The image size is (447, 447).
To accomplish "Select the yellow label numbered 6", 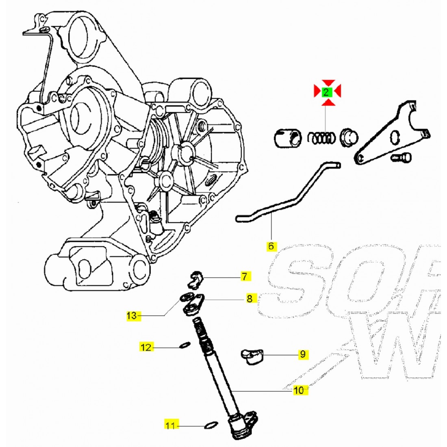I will (x=271, y=246).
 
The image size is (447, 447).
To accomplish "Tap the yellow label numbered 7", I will (x=244, y=277).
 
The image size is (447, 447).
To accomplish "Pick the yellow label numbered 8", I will (x=249, y=299).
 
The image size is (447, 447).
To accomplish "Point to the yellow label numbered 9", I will (x=302, y=354).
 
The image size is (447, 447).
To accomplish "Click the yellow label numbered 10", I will (x=299, y=391).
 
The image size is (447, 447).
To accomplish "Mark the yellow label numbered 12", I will (x=146, y=347).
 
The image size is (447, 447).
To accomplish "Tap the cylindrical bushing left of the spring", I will (x=288, y=138).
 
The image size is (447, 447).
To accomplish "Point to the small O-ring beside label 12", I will (x=184, y=346).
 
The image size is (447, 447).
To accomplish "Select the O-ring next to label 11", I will (x=210, y=425).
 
